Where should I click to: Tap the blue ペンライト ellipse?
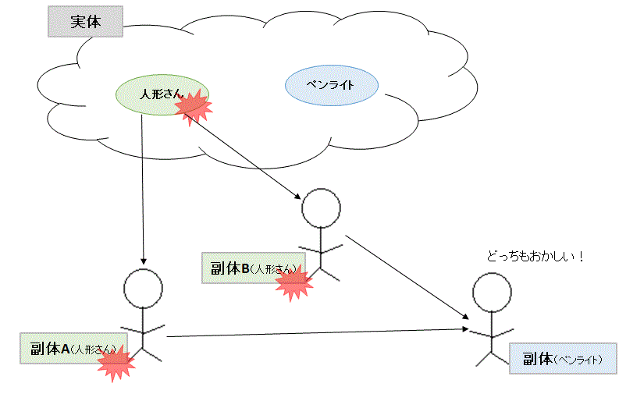tap(332, 85)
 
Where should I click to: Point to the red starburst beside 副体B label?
tap(293, 284)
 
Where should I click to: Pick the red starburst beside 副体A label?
tap(114, 363)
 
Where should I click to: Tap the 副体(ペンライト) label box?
tap(562, 360)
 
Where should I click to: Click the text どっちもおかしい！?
tap(535, 256)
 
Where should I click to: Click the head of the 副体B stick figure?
tap(321, 208)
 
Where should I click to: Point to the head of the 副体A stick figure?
tap(144, 288)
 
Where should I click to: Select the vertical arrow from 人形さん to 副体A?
tap(142, 187)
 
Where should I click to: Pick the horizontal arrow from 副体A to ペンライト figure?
tap(312, 333)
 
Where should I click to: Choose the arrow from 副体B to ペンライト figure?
tap(406, 276)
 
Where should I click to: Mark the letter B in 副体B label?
tap(244, 268)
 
